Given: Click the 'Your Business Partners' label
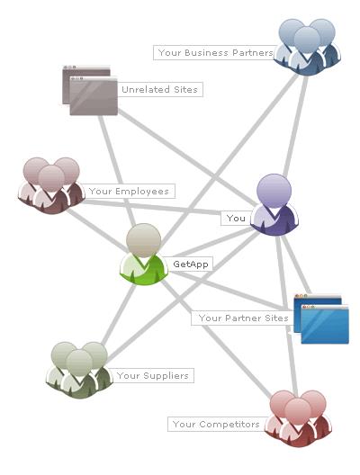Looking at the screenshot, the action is pyautogui.click(x=215, y=53).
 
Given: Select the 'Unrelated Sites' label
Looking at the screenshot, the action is pyautogui.click(x=159, y=89).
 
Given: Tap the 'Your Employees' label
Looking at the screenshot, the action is pyautogui.click(x=129, y=191).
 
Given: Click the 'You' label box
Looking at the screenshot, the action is pyautogui.click(x=236, y=218).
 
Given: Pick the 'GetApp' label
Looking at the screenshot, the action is pyautogui.click(x=191, y=264).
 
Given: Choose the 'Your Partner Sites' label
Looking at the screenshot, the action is pyautogui.click(x=243, y=318).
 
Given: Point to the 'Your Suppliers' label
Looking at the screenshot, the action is pyautogui.click(x=153, y=376).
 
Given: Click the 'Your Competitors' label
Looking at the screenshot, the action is pyautogui.click(x=216, y=424).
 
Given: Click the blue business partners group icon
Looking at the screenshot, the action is pyautogui.click(x=307, y=48).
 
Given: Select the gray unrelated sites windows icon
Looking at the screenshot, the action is pyautogui.click(x=90, y=90).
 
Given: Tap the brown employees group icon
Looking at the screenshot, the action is pyautogui.click(x=51, y=185).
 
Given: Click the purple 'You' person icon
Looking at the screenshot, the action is pyautogui.click(x=274, y=204).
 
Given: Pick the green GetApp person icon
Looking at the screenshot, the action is pyautogui.click(x=144, y=255).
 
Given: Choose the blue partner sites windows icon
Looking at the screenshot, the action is pyautogui.click(x=321, y=319).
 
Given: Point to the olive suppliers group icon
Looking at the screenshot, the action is pyautogui.click(x=79, y=370).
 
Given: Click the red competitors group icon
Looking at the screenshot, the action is pyautogui.click(x=298, y=418).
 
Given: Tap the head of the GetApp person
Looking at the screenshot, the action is pyautogui.click(x=144, y=240).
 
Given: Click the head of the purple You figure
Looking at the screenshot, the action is pyautogui.click(x=274, y=191).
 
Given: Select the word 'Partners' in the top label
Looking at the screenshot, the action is pyautogui.click(x=253, y=53).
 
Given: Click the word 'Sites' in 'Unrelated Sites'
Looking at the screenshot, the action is pyautogui.click(x=185, y=89).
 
